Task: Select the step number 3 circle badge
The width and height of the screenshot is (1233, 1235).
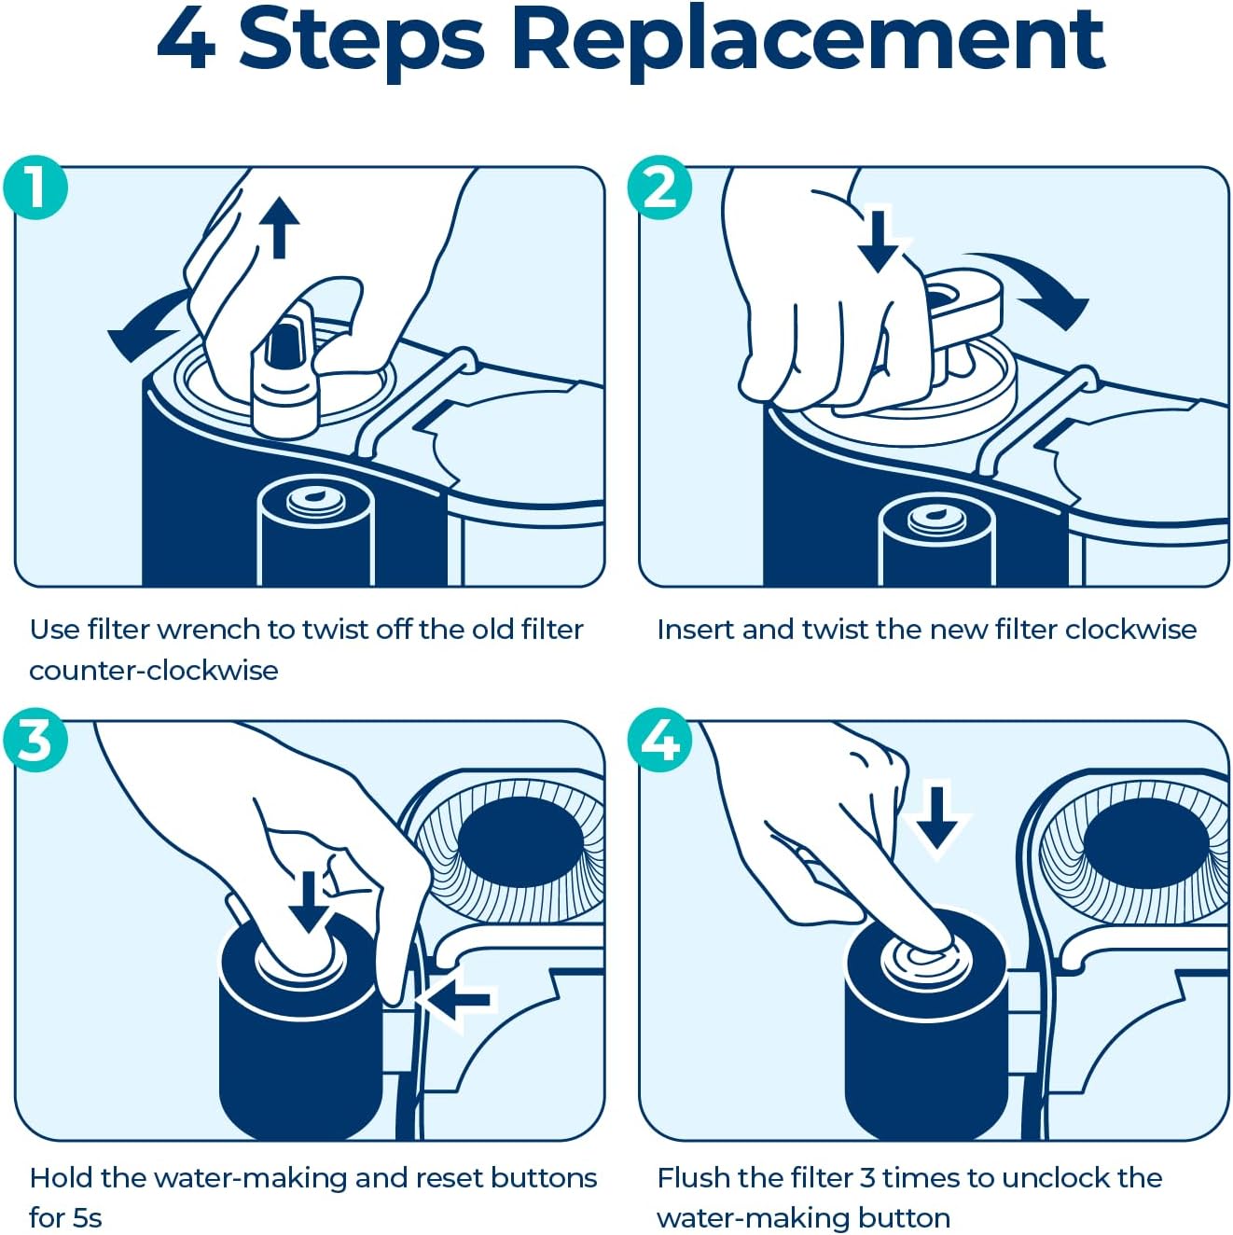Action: coord(35,741)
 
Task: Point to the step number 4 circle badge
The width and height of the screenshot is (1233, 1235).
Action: coord(660,741)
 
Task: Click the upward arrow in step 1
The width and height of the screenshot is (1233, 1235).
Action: coord(279,226)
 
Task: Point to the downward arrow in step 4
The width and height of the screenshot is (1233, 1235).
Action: coord(936,817)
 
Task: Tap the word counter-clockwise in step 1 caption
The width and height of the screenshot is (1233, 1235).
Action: coord(154,671)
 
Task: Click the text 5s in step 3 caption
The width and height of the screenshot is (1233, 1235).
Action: coord(86,1217)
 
